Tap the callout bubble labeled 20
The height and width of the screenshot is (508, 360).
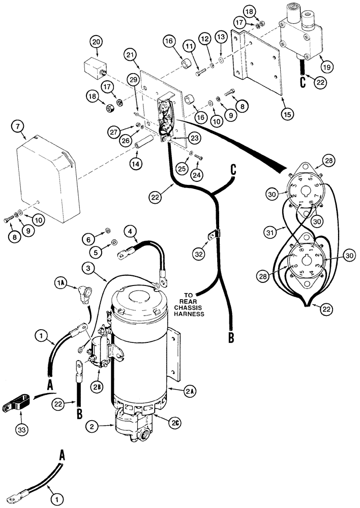point(97,42)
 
